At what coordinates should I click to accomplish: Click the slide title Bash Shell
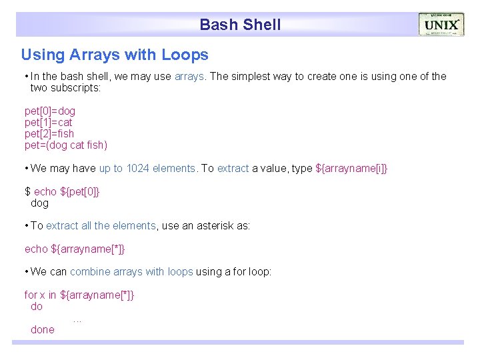coord(240,25)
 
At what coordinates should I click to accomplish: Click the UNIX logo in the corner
coord(441,25)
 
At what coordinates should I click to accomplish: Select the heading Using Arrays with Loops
coord(115,55)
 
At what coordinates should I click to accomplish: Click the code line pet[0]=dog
coord(50,111)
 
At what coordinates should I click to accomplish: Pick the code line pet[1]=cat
coord(48,122)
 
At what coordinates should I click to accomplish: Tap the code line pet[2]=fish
coord(49,133)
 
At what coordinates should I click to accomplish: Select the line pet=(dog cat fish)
coord(65,145)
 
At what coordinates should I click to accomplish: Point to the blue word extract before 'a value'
coord(233,168)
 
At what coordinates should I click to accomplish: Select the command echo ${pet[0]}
coord(62,191)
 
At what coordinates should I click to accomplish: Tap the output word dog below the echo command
coord(40,203)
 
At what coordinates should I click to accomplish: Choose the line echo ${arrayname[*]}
coord(75,249)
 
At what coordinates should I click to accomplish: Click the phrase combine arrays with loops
coord(131,271)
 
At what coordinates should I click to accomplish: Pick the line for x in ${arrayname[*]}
coord(79,295)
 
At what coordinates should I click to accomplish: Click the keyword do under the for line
coord(37,306)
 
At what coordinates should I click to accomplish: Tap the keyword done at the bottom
coord(43,329)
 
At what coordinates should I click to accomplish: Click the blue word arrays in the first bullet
coord(190,76)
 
